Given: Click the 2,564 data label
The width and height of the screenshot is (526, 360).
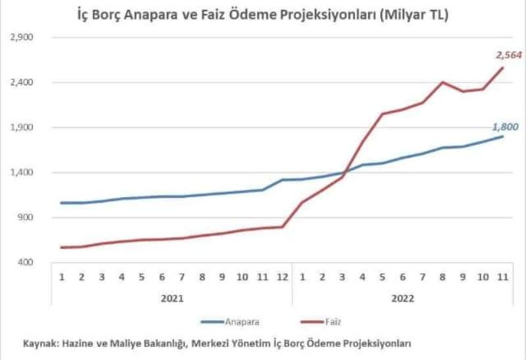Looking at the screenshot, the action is [x=509, y=55].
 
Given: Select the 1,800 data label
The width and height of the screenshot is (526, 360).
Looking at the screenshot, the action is [x=505, y=127].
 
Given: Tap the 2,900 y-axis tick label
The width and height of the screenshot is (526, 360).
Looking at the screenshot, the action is [x=22, y=37].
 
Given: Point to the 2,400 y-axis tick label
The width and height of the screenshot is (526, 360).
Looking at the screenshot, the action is [x=22, y=82].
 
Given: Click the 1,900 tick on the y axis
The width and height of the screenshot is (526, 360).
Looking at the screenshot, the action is [x=22, y=127].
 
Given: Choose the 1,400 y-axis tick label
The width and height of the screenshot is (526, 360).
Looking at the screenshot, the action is [x=22, y=172].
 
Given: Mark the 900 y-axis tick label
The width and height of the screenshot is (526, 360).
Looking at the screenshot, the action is [x=26, y=217].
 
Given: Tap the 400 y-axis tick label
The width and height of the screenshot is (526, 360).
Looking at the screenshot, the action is [x=26, y=262].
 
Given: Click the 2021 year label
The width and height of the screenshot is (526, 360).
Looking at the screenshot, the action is [x=172, y=298].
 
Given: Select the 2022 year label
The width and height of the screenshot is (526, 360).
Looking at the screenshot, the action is [x=402, y=298].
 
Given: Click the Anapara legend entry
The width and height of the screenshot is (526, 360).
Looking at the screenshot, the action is [x=230, y=322].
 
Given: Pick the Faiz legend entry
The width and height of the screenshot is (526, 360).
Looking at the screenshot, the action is [x=321, y=322].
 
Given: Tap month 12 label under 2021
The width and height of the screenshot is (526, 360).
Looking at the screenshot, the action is [x=283, y=277].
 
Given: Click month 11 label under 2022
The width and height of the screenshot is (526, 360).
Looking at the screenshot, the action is [x=502, y=277].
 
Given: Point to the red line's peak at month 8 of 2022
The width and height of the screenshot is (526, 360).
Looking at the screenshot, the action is [x=442, y=82].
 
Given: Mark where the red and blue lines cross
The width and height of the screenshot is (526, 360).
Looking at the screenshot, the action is [x=345, y=172].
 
